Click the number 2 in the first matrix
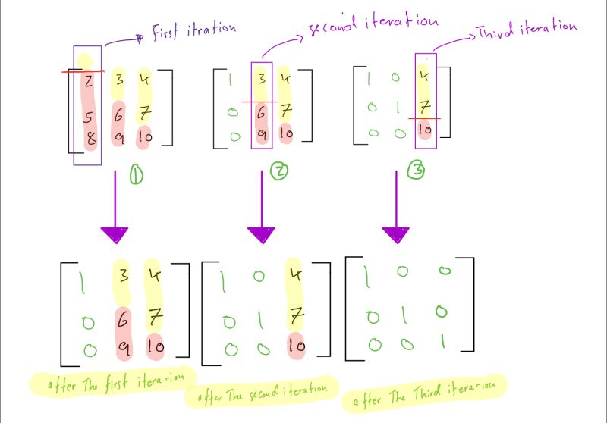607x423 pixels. click(x=90, y=80)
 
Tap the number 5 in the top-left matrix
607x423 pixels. click(x=90, y=118)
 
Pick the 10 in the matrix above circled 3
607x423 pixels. click(x=425, y=130)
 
